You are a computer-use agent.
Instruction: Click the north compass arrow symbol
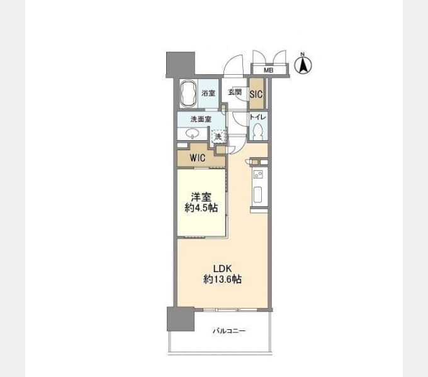point(303,65)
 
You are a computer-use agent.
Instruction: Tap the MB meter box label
point(268,70)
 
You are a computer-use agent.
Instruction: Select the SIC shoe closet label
point(256,94)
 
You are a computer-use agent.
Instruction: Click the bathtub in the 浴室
point(189,94)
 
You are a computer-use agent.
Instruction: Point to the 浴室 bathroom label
point(208,93)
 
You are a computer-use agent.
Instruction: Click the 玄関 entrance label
point(235,92)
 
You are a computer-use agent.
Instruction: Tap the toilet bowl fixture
point(257,131)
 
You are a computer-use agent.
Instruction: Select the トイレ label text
point(258,117)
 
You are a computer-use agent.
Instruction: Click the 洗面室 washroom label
point(201,119)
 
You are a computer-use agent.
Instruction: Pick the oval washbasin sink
point(192,133)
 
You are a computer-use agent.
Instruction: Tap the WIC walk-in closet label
point(198,158)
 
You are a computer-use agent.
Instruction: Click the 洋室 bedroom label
point(201,197)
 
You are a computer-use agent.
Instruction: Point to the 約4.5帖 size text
point(201,208)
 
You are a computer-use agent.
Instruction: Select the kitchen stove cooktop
point(258,174)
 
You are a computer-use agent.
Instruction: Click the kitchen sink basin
point(257,195)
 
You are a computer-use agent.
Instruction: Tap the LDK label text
point(222,269)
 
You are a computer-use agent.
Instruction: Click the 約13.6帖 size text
point(222,280)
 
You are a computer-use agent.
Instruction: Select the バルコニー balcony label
point(229,331)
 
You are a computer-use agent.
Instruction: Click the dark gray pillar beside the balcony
point(181,319)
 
